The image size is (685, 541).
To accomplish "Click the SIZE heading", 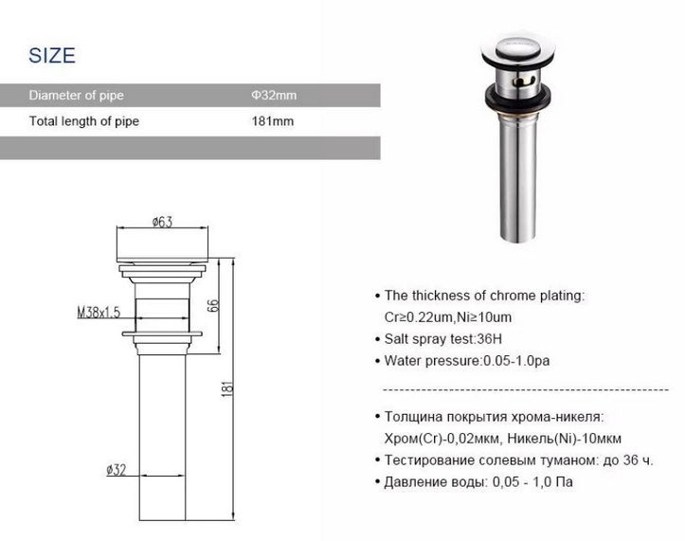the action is click(x=52, y=56).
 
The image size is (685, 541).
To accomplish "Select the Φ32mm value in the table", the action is click(x=274, y=95).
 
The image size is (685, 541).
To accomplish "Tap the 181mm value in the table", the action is click(x=273, y=121).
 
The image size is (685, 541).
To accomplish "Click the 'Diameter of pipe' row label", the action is click(x=77, y=96).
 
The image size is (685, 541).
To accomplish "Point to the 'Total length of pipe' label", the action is click(x=84, y=121).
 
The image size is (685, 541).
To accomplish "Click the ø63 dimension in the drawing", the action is click(x=163, y=222).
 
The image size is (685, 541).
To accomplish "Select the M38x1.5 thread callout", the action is click(x=99, y=313).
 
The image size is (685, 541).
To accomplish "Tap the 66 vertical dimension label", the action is click(x=213, y=305).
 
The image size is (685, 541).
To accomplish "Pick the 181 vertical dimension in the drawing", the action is click(x=227, y=388).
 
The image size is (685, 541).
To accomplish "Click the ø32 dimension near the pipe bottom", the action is click(x=117, y=470).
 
